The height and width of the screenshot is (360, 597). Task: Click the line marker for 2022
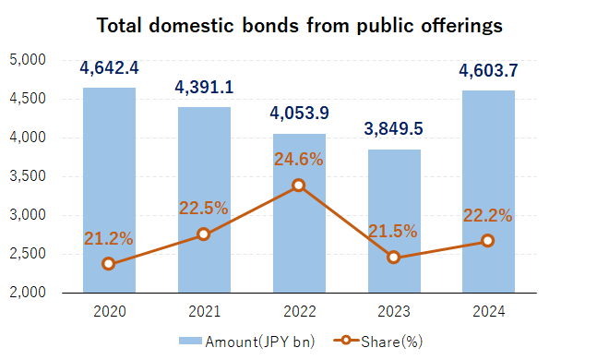[x=298, y=186]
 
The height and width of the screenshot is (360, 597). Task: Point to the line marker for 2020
[x=109, y=263]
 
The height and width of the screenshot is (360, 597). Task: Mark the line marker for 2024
[x=488, y=241]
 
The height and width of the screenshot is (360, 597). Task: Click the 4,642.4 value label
[x=109, y=68]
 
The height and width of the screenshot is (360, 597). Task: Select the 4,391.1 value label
[x=204, y=88]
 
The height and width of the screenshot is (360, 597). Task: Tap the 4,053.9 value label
[x=298, y=114]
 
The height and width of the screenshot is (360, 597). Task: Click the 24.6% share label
[x=298, y=160]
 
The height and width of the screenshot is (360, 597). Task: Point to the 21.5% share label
[x=393, y=231]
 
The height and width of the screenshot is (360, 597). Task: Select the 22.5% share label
[x=204, y=208]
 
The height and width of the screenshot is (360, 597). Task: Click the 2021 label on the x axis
[x=204, y=310]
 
